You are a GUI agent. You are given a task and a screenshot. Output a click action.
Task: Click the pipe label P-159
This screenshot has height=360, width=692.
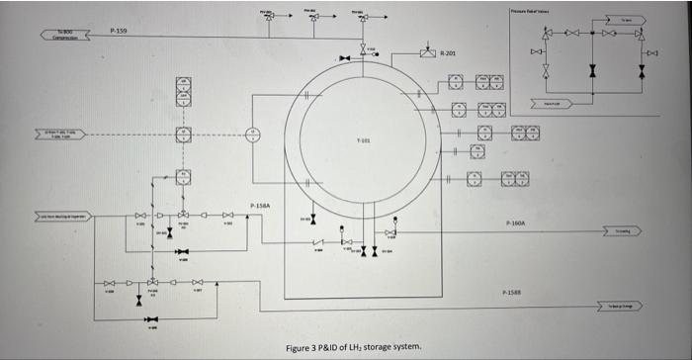point(118,32)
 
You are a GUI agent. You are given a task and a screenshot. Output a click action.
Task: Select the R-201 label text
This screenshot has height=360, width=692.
point(447,52)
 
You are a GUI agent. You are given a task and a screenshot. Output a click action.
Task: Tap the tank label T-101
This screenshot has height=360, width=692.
point(363,140)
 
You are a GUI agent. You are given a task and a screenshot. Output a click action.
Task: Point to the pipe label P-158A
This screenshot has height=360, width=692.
point(259,205)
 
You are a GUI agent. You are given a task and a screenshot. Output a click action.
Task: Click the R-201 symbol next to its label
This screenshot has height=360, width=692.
point(427,51)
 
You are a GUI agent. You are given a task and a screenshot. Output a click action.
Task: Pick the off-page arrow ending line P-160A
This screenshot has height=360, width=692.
point(623,231)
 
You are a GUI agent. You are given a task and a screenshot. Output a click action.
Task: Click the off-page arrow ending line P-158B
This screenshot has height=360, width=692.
point(623,309)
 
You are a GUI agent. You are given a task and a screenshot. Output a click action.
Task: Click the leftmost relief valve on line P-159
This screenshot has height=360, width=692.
point(268,18)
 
